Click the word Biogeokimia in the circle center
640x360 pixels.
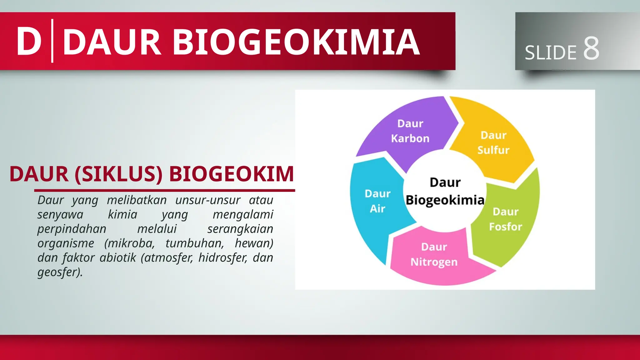[445, 200]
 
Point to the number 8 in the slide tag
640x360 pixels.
[591, 48]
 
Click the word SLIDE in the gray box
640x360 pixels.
[550, 52]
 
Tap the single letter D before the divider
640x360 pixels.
[29, 42]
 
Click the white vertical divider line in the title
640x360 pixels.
[52, 41]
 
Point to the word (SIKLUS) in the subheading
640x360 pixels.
[118, 174]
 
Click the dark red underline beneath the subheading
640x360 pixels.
[164, 190]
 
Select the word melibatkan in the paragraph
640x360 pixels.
[137, 200]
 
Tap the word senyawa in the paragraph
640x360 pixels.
[60, 215]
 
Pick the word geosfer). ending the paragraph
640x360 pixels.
[60, 272]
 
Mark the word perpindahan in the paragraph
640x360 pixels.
[72, 229]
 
